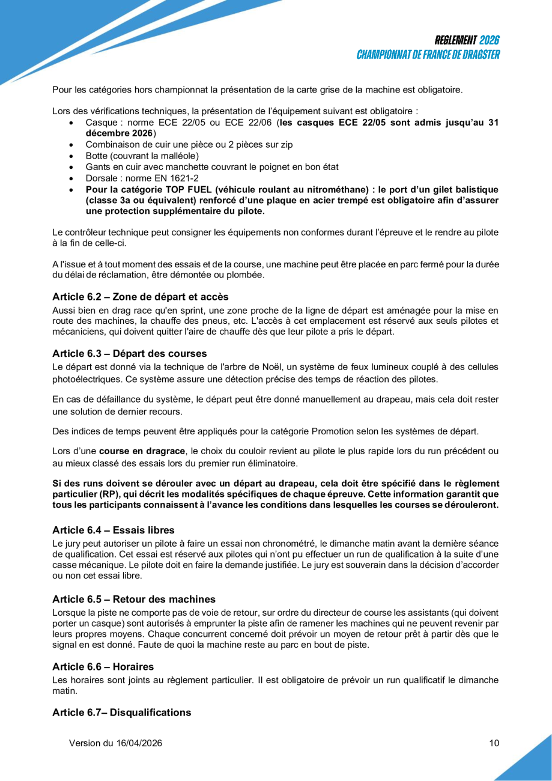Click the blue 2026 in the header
490,41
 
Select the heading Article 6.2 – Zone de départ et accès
140,296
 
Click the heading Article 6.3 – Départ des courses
129,353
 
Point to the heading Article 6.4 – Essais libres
113,530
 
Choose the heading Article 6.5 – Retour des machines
133,599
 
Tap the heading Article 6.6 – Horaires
103,667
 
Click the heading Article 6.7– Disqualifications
121,713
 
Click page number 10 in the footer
494,743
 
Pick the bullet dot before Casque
71,123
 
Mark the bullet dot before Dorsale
71,178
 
